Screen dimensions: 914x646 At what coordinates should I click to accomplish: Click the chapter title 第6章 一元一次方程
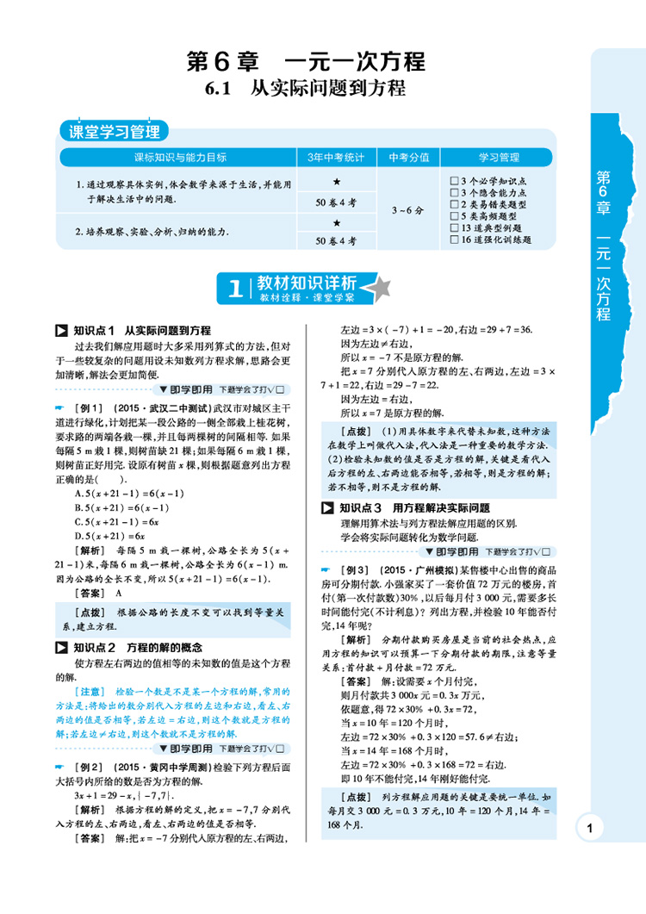(x=307, y=63)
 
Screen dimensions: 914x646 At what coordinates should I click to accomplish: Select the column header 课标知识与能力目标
(x=168, y=157)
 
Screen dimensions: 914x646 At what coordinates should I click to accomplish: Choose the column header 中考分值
(x=408, y=157)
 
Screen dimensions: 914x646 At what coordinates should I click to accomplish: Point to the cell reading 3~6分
(x=408, y=209)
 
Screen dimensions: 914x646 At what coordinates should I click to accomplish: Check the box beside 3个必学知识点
(x=454, y=180)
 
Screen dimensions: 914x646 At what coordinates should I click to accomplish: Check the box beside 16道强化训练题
(x=454, y=240)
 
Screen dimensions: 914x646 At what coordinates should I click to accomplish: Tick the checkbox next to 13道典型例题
(x=454, y=228)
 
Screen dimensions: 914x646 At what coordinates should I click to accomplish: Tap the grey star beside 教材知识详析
(x=380, y=288)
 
